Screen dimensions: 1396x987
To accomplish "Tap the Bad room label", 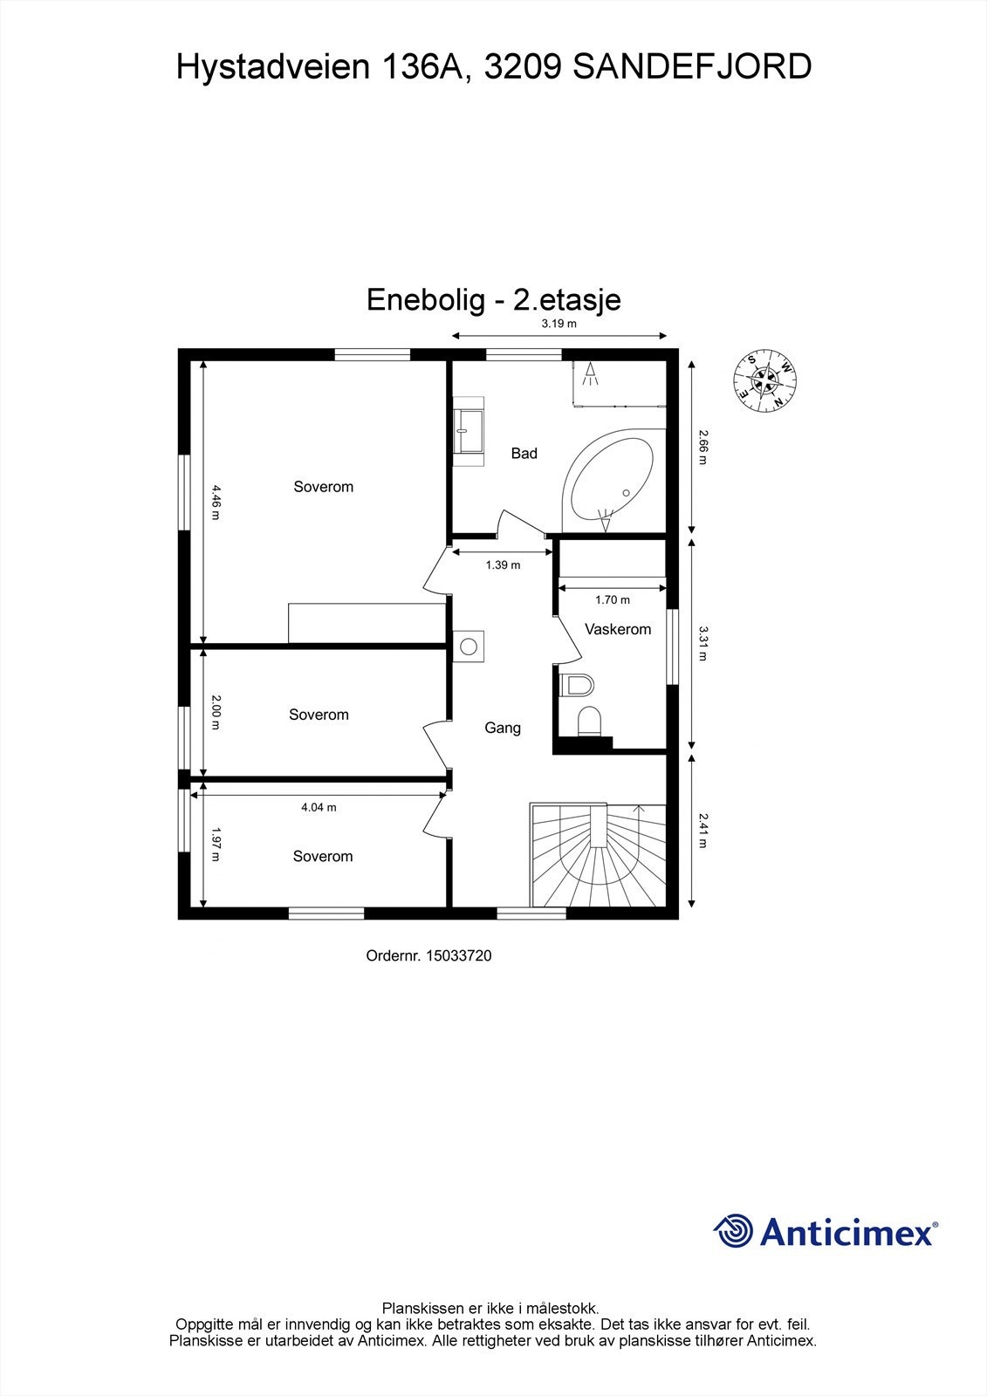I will coord(524,453).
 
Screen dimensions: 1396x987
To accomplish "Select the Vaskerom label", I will coord(618,629).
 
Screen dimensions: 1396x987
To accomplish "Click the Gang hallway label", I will coord(503,728).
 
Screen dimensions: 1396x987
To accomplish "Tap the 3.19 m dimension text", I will coord(559,324).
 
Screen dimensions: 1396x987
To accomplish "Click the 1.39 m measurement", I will coord(503,565).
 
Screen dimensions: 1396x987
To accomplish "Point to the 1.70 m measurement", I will coord(612,599).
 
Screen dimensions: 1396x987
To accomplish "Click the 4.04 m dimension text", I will coord(319,807).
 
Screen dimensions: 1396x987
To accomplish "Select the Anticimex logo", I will coord(826,1231).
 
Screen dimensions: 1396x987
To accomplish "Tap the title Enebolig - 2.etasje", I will coord(493,299).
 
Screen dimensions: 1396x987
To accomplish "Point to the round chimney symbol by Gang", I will coord(469,647).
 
